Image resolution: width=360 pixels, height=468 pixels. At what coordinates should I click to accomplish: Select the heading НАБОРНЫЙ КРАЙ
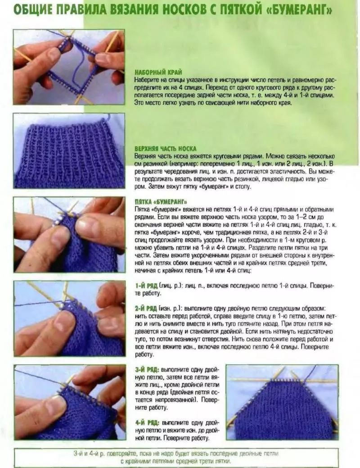click(158, 72)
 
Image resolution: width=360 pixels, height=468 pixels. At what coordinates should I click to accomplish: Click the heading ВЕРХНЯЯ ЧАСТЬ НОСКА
click(165, 149)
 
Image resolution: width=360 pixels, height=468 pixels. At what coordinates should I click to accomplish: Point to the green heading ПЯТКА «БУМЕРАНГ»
click(161, 202)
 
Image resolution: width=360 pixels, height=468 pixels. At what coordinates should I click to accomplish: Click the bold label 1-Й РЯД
click(146, 286)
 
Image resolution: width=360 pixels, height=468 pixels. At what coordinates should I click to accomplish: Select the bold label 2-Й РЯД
click(146, 308)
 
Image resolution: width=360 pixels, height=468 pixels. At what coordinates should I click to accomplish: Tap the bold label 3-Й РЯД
click(147, 369)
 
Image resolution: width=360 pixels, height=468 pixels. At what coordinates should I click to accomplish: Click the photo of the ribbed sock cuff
click(69, 151)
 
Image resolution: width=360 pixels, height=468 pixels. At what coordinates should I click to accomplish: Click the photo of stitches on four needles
click(69, 67)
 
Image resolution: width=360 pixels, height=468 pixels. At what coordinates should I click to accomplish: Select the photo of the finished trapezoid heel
click(282, 402)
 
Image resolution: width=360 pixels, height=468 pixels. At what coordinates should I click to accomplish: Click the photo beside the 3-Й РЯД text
click(69, 402)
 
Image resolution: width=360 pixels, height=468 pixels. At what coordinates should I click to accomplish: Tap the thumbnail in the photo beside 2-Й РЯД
click(64, 321)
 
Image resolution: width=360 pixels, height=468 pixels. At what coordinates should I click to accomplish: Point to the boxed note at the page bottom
click(176, 457)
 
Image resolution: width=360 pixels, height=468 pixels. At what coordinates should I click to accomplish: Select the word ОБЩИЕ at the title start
click(33, 11)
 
